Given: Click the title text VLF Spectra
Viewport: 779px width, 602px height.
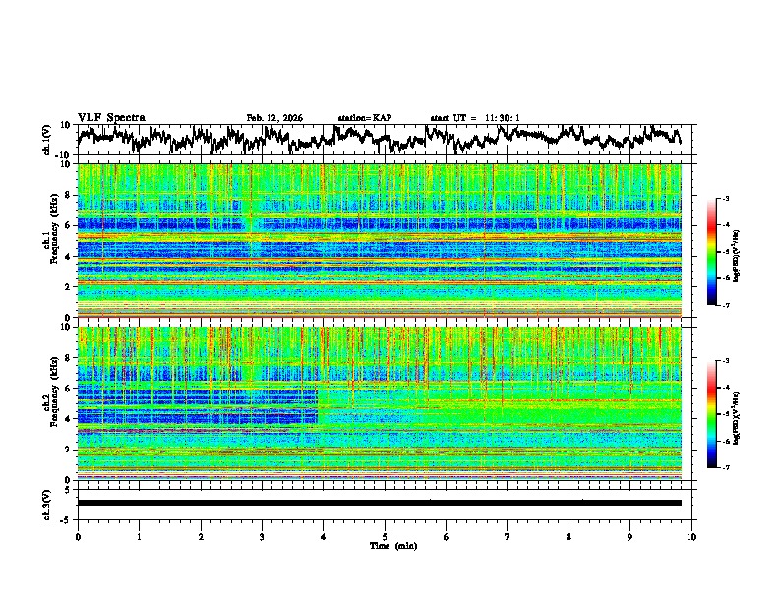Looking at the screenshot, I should coord(111,118).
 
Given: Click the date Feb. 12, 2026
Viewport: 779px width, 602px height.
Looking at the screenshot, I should coord(274,118).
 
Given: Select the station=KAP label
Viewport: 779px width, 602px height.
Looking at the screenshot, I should coord(364,118).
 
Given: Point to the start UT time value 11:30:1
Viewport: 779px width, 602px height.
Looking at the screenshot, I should coord(501,118).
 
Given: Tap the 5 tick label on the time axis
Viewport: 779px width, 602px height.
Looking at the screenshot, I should coord(385,536).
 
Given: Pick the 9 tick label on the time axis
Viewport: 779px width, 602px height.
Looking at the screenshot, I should coord(630,536).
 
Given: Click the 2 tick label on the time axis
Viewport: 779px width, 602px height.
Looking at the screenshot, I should coord(201,536).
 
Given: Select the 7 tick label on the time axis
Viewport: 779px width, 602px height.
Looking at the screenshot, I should coord(508,536).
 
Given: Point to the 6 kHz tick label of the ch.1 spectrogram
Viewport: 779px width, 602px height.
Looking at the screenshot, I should coord(66,225).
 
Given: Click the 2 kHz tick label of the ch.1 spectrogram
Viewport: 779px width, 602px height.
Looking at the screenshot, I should coord(66,286).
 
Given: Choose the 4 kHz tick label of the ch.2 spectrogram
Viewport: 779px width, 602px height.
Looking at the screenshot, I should coord(66,419).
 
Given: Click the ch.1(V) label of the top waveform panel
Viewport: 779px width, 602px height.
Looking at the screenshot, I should coord(47,140).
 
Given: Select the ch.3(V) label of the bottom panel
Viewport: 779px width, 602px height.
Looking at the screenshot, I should coord(47,503).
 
